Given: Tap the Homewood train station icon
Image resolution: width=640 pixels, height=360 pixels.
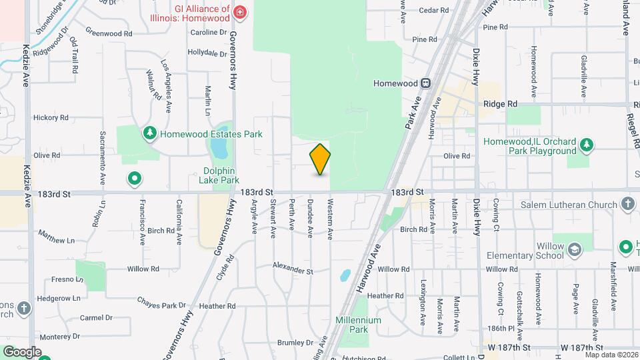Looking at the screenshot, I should coord(425,83).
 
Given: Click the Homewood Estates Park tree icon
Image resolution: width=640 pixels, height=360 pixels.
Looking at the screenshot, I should coord(150,134).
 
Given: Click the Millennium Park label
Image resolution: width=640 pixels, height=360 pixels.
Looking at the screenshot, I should coord(358,325).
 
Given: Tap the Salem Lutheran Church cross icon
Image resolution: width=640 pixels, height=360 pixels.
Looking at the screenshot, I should coord(627,203).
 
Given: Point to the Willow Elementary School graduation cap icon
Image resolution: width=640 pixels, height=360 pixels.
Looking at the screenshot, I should coord(573,250).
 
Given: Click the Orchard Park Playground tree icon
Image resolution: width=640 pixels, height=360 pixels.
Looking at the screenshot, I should coord(586,145).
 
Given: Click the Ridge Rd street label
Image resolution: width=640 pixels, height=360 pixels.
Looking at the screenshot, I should coord(500,104).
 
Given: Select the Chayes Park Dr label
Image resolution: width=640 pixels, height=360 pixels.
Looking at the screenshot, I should coord(163,304).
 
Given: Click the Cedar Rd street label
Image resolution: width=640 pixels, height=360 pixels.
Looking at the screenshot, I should coord(433,10).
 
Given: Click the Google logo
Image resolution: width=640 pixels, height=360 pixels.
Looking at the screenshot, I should coord(21,352).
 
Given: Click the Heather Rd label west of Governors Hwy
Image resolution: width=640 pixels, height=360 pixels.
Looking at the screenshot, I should coord(213,306).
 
